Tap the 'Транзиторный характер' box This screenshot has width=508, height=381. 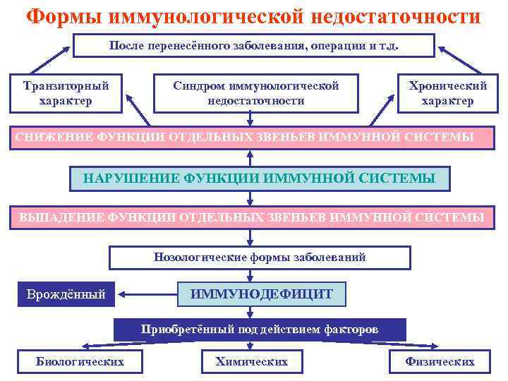[66, 93]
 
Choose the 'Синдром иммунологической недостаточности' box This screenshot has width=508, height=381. [256, 93]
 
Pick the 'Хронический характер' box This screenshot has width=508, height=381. [447, 93]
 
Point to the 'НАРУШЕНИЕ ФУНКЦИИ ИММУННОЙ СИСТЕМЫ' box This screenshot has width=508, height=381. [259, 177]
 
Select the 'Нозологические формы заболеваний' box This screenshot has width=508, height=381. [259, 257]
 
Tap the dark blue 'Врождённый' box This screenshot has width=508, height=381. [66, 293]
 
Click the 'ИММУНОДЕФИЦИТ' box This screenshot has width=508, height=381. [261, 293]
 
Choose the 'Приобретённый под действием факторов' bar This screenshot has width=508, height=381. [260, 329]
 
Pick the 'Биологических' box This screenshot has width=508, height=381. [80, 361]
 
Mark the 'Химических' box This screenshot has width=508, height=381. [251, 361]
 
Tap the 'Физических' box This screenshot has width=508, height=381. [440, 361]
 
